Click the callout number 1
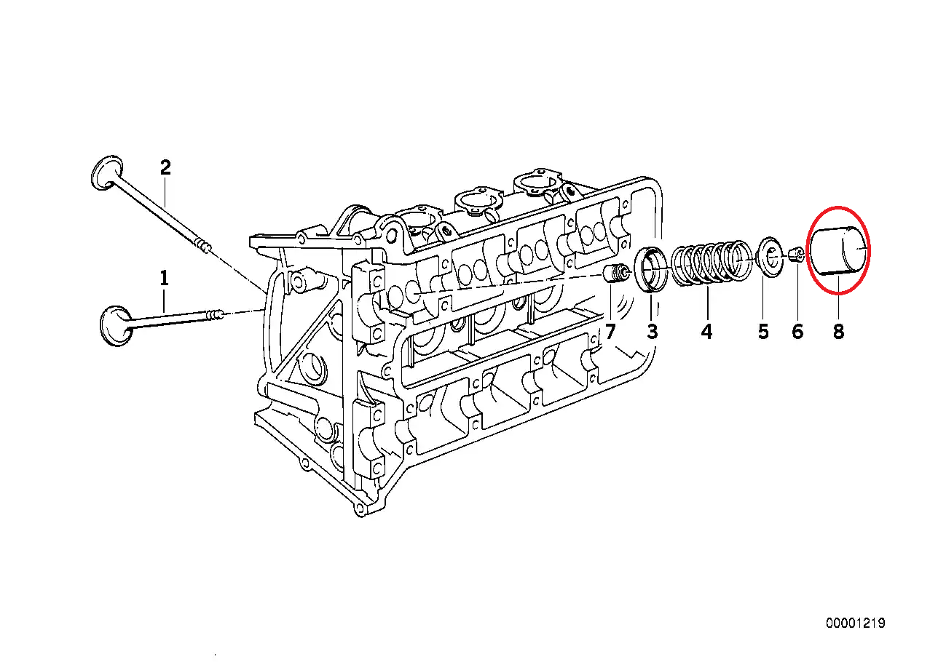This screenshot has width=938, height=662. [x=164, y=278]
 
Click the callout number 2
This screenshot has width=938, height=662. [x=165, y=168]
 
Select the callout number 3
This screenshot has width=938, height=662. [x=652, y=332]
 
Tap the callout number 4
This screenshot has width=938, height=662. [x=706, y=332]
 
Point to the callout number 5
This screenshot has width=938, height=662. [x=762, y=332]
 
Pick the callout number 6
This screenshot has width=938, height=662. [x=797, y=332]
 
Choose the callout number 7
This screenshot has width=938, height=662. [x=610, y=332]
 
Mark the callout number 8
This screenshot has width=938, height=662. [x=838, y=332]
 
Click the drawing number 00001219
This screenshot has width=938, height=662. [x=855, y=623]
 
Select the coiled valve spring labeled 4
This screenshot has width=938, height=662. [x=709, y=263]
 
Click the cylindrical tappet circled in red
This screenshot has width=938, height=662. [x=839, y=251]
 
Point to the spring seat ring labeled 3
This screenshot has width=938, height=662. [x=651, y=269]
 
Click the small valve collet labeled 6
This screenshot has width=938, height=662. [x=797, y=255]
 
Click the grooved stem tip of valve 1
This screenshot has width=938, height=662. [x=215, y=315]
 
